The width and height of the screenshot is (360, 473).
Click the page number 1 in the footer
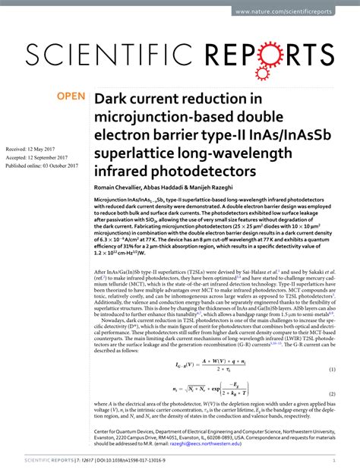click(x=335, y=460)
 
